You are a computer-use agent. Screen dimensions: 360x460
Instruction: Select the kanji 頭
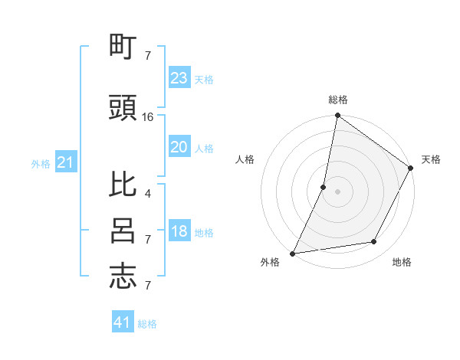(x=123, y=109)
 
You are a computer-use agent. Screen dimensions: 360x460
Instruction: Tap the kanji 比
(x=123, y=186)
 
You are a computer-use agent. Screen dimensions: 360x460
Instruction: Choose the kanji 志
(x=123, y=277)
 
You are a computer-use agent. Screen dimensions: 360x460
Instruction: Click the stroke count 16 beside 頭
(x=148, y=117)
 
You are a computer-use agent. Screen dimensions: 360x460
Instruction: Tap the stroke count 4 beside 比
(x=147, y=193)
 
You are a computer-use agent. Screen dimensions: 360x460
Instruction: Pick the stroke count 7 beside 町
(x=147, y=55)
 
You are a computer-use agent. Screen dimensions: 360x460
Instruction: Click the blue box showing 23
(x=179, y=78)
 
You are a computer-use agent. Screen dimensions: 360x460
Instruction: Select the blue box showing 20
(x=179, y=147)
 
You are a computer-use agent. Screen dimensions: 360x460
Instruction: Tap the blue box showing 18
(x=179, y=231)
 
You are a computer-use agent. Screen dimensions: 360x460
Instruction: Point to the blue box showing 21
(x=65, y=162)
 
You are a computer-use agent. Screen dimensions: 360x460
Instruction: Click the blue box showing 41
(x=123, y=322)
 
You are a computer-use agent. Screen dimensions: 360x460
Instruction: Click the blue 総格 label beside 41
(x=147, y=324)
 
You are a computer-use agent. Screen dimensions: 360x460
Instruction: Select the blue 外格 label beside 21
(x=41, y=163)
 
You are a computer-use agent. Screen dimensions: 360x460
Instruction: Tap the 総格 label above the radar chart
(x=338, y=100)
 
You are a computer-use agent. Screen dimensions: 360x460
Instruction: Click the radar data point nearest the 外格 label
(x=293, y=254)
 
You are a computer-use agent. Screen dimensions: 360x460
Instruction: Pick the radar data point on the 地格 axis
(x=374, y=242)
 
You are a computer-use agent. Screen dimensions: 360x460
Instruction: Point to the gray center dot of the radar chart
(x=337, y=191)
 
